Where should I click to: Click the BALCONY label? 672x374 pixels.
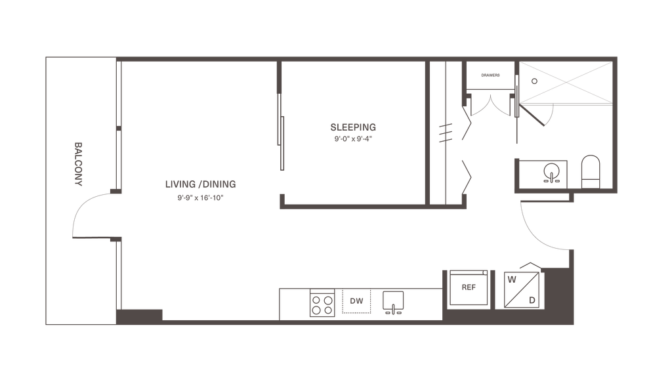[78, 164]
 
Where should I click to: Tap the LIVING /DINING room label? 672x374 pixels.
[201, 184]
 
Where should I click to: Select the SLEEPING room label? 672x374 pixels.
[353, 127]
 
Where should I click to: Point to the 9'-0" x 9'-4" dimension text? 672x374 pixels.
[353, 139]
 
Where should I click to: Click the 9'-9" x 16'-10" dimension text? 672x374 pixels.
[201, 197]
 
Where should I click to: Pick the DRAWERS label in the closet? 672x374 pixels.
[490, 75]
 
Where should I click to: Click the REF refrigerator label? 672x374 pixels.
[469, 287]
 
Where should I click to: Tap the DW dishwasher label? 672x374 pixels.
[356, 301]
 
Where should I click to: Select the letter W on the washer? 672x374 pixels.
[512, 280]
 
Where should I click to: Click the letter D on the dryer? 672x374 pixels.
[532, 301]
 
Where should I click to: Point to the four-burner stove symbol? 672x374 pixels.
[322, 303]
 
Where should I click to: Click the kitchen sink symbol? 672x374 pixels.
[393, 302]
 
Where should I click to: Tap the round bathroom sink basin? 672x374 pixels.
[551, 171]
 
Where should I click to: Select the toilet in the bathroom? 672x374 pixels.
[591, 172]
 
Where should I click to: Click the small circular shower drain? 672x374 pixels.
[534, 81]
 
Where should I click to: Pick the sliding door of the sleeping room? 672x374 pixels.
[281, 132]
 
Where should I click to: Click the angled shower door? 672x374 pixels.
[532, 115]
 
